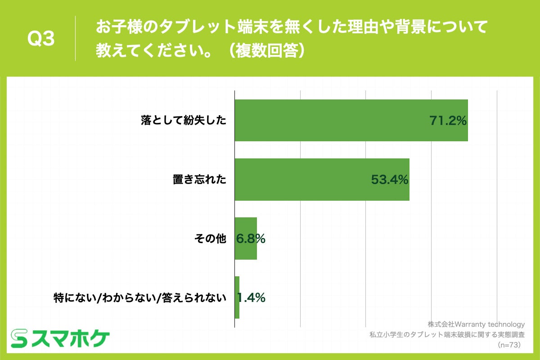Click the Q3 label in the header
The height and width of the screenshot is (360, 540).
[41, 40]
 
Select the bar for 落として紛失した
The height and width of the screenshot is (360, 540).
[351, 120]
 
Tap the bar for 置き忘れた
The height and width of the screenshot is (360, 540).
[322, 180]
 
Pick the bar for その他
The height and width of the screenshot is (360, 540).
[246, 238]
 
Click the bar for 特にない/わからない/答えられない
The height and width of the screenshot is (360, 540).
[237, 297]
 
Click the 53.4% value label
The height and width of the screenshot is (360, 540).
[389, 180]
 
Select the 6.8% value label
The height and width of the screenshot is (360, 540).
[251, 239]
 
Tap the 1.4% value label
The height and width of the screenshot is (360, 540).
[252, 297]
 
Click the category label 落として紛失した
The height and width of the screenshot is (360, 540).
[184, 121]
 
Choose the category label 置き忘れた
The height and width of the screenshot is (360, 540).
[200, 180]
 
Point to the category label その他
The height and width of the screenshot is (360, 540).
[210, 239]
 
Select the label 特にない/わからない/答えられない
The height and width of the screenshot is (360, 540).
[139, 297]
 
